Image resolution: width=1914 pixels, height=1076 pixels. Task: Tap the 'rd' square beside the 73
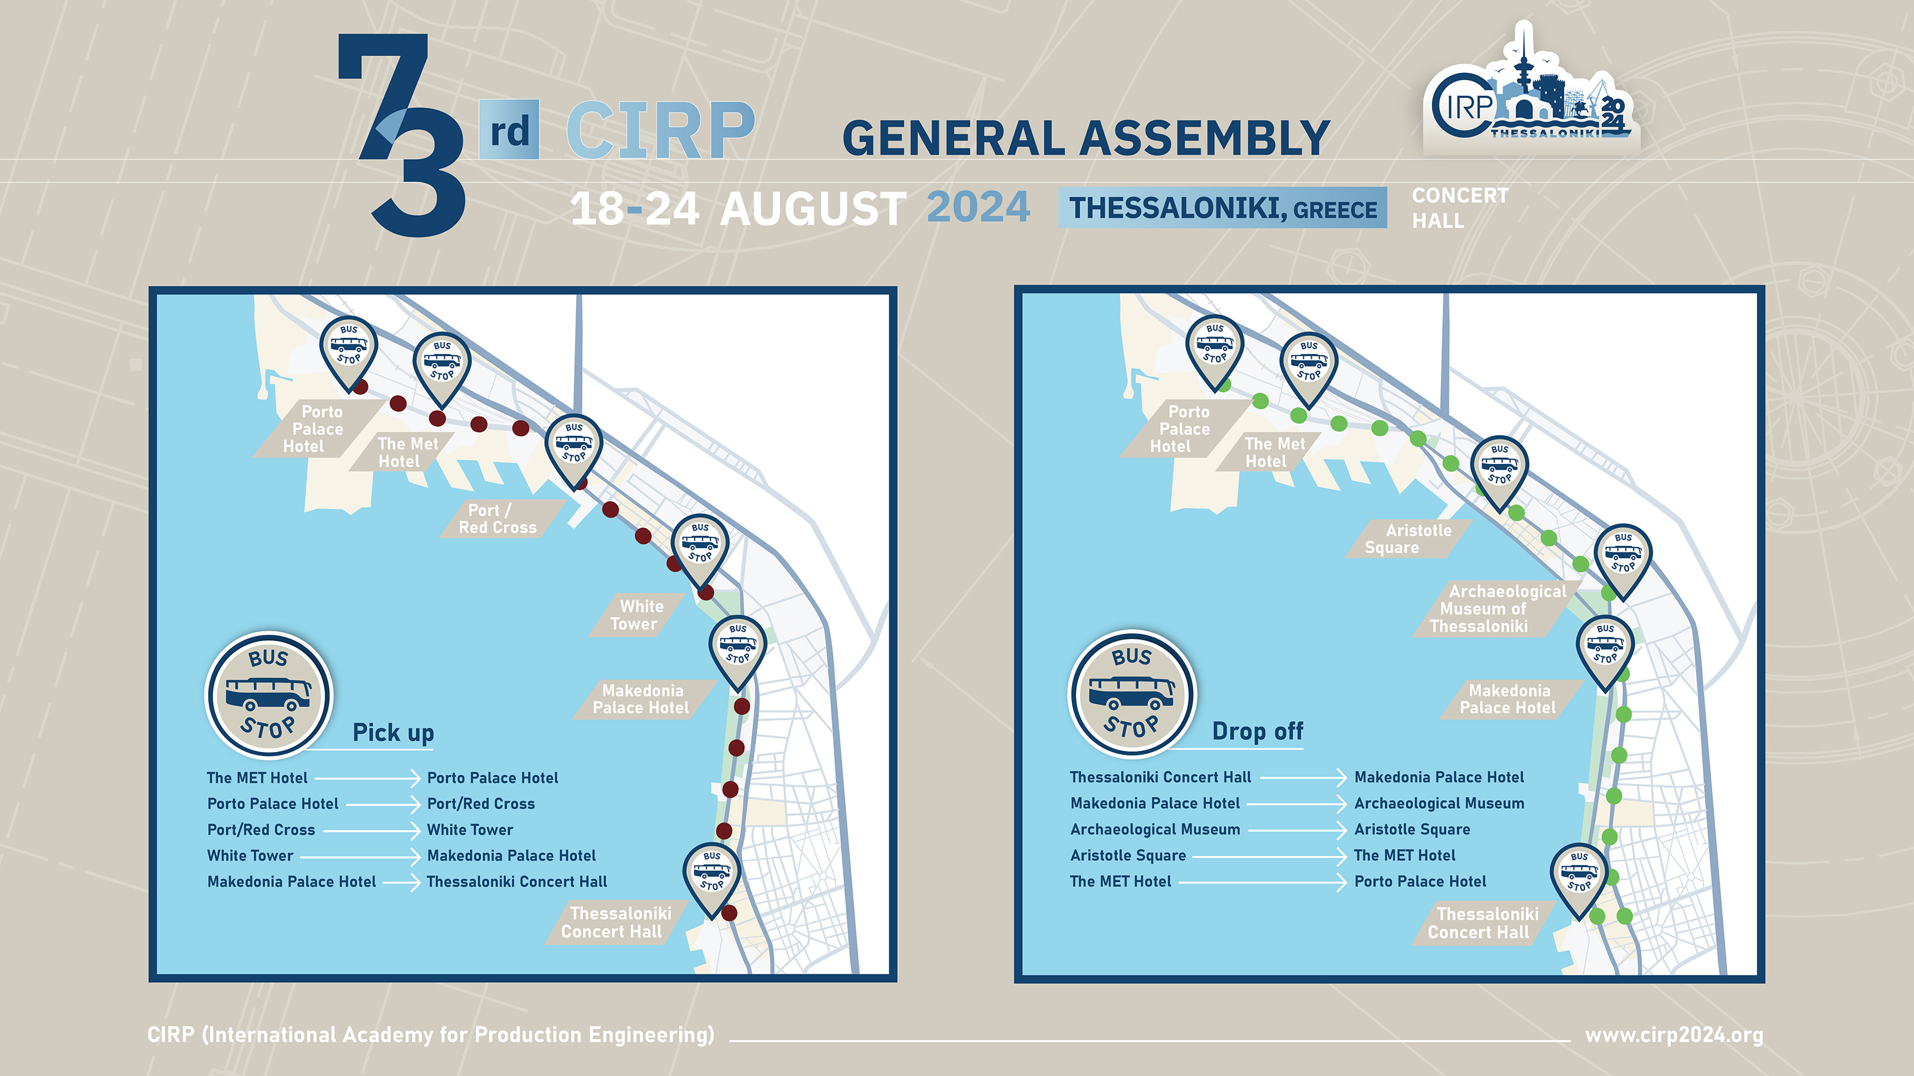coord(509,130)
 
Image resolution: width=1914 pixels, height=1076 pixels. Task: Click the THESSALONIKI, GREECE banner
coord(1222,208)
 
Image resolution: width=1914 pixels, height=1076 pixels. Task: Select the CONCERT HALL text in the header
coord(1460,208)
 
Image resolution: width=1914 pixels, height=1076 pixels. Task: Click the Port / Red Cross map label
coord(498,518)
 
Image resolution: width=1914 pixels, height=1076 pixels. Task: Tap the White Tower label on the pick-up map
coord(637,615)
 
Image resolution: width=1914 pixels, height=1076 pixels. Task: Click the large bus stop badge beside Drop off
coord(1132,693)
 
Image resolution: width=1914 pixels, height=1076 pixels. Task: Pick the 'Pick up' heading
coord(393,732)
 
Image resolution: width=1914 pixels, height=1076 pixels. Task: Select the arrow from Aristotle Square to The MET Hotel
coord(1270,855)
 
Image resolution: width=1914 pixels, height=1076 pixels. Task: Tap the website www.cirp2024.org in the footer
coord(1674,1034)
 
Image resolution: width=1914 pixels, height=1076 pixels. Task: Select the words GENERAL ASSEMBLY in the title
coord(1086,138)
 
